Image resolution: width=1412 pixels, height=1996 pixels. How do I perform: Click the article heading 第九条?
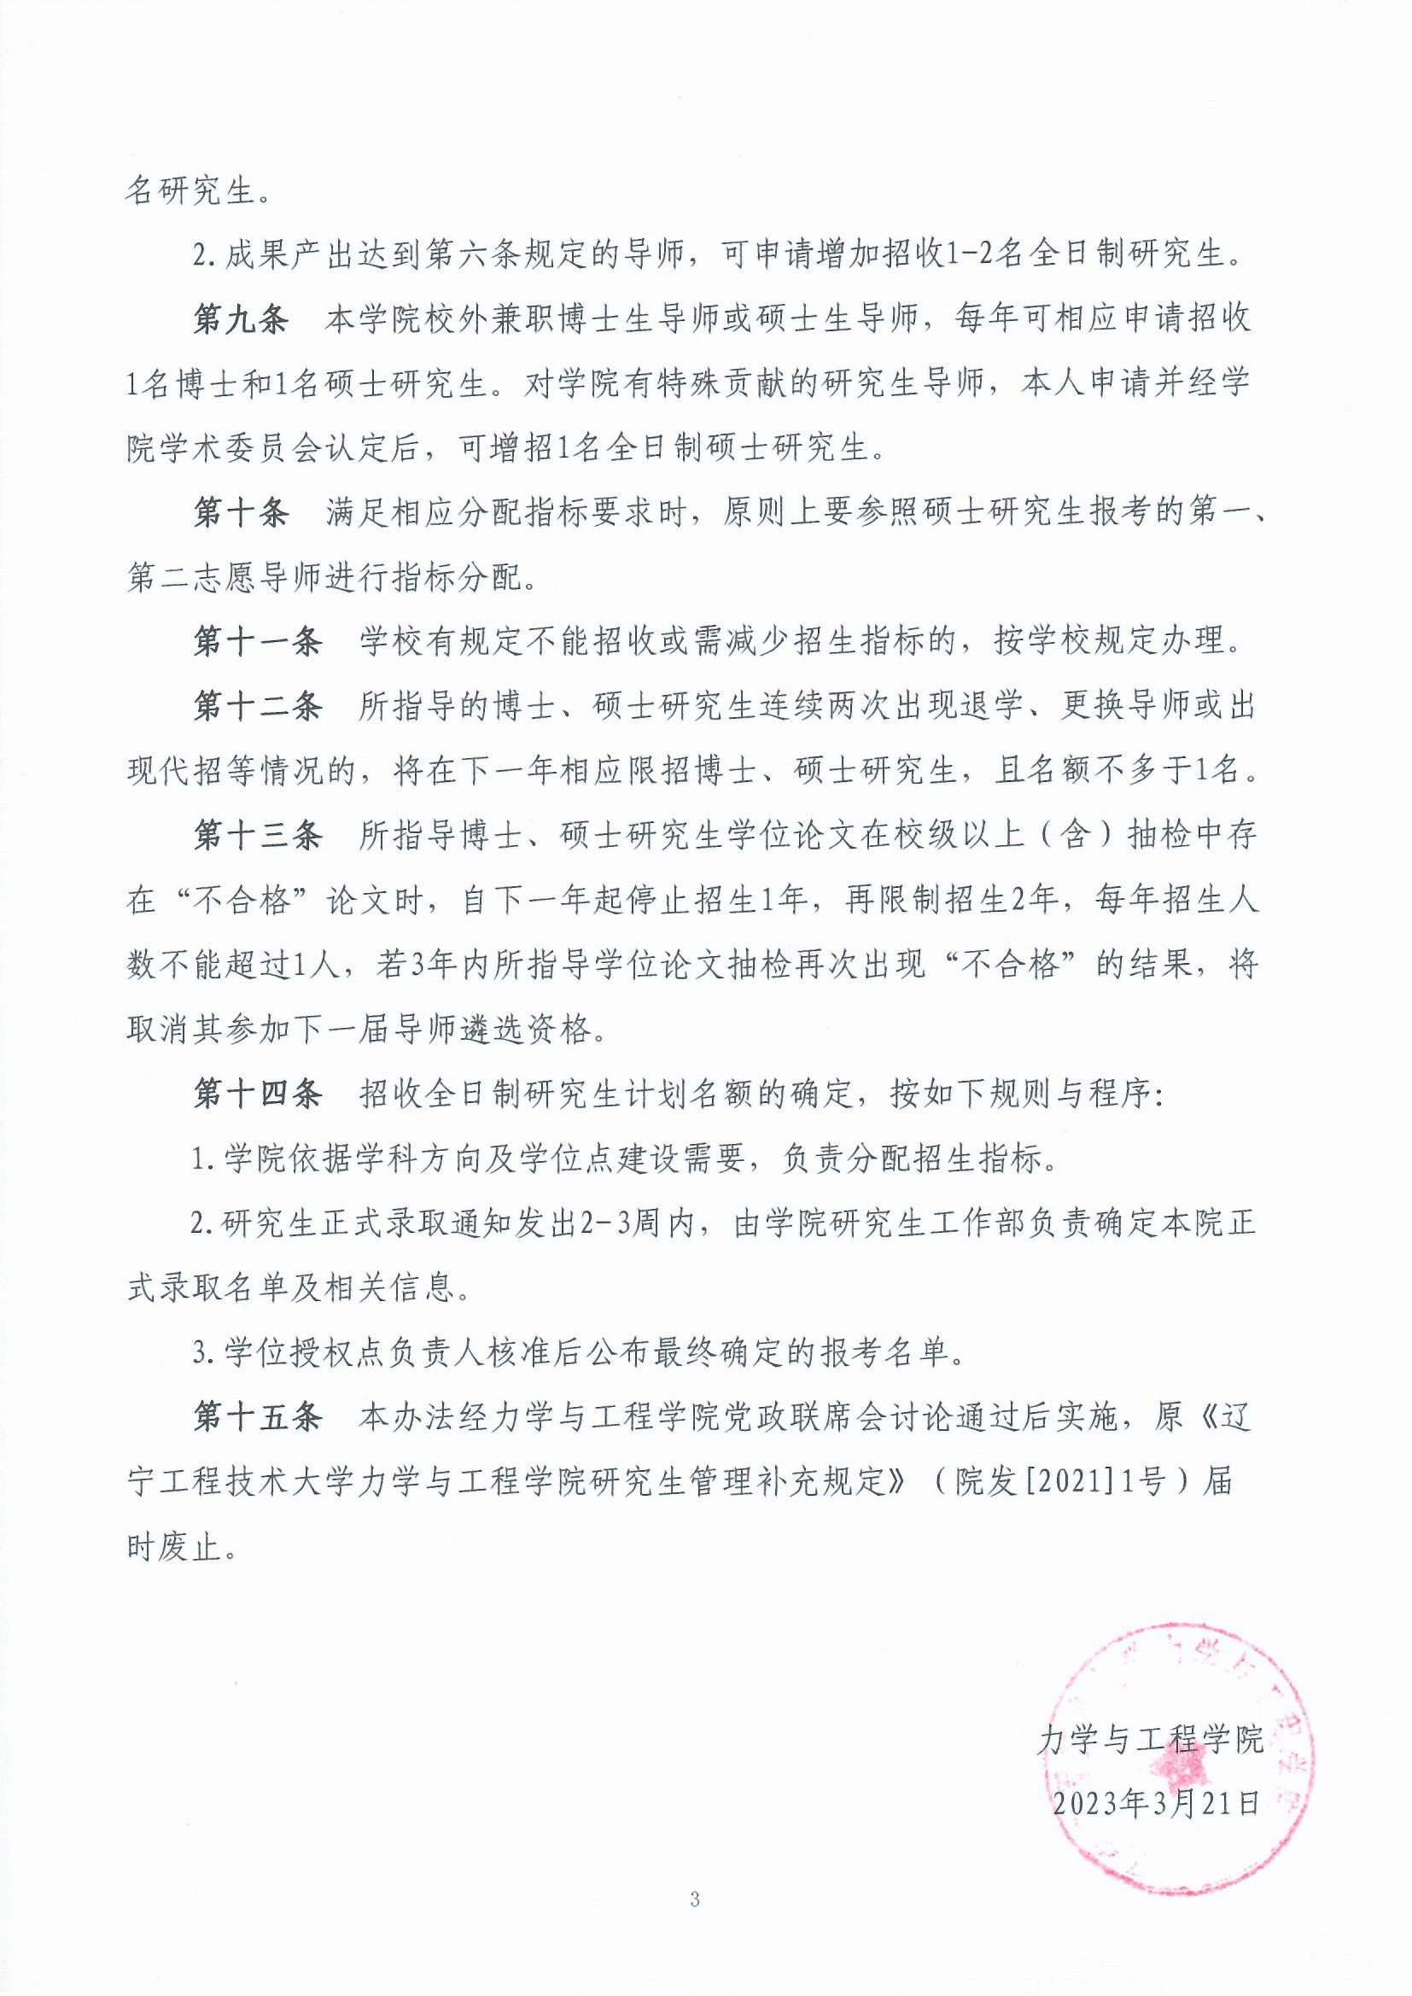239,321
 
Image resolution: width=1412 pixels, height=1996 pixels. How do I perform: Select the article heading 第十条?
239,514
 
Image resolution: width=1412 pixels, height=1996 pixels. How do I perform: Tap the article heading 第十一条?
256,643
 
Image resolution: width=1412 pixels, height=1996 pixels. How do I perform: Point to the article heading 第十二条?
256,707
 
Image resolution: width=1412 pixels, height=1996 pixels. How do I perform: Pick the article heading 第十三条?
256,836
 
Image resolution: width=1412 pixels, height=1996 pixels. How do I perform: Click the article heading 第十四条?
256,1094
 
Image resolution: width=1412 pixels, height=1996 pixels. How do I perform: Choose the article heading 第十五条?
256,1418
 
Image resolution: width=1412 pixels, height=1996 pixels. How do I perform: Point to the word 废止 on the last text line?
192,1549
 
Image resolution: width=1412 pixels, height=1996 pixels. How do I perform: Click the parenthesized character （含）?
1076,836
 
